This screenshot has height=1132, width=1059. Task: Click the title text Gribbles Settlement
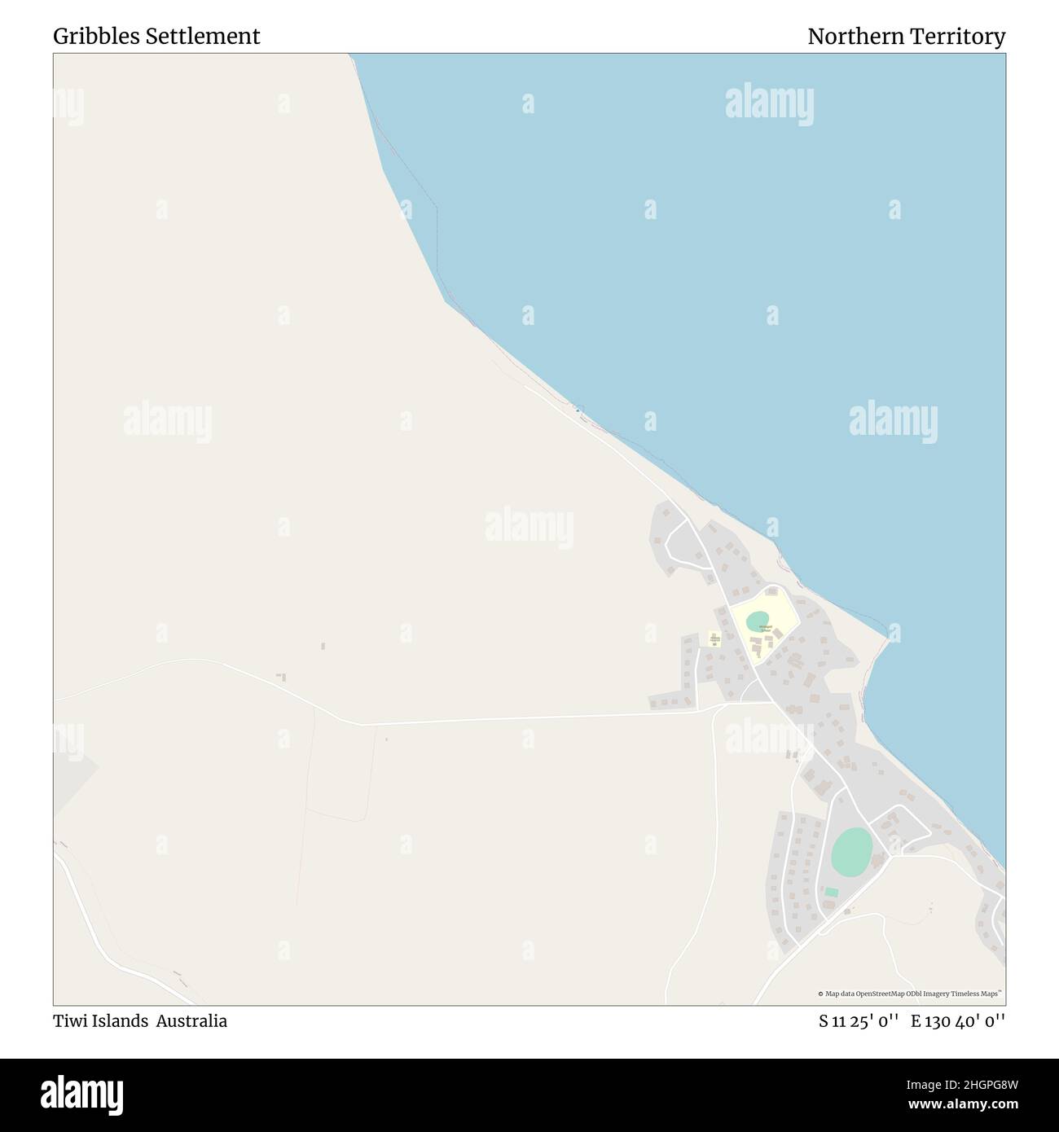[156, 37]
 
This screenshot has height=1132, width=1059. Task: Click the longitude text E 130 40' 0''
[958, 1021]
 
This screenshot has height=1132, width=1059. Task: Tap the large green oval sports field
[851, 852]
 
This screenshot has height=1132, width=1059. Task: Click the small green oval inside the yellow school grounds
[757, 621]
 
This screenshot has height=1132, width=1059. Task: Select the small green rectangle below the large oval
[831, 893]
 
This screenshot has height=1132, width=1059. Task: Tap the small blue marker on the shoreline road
[578, 410]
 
